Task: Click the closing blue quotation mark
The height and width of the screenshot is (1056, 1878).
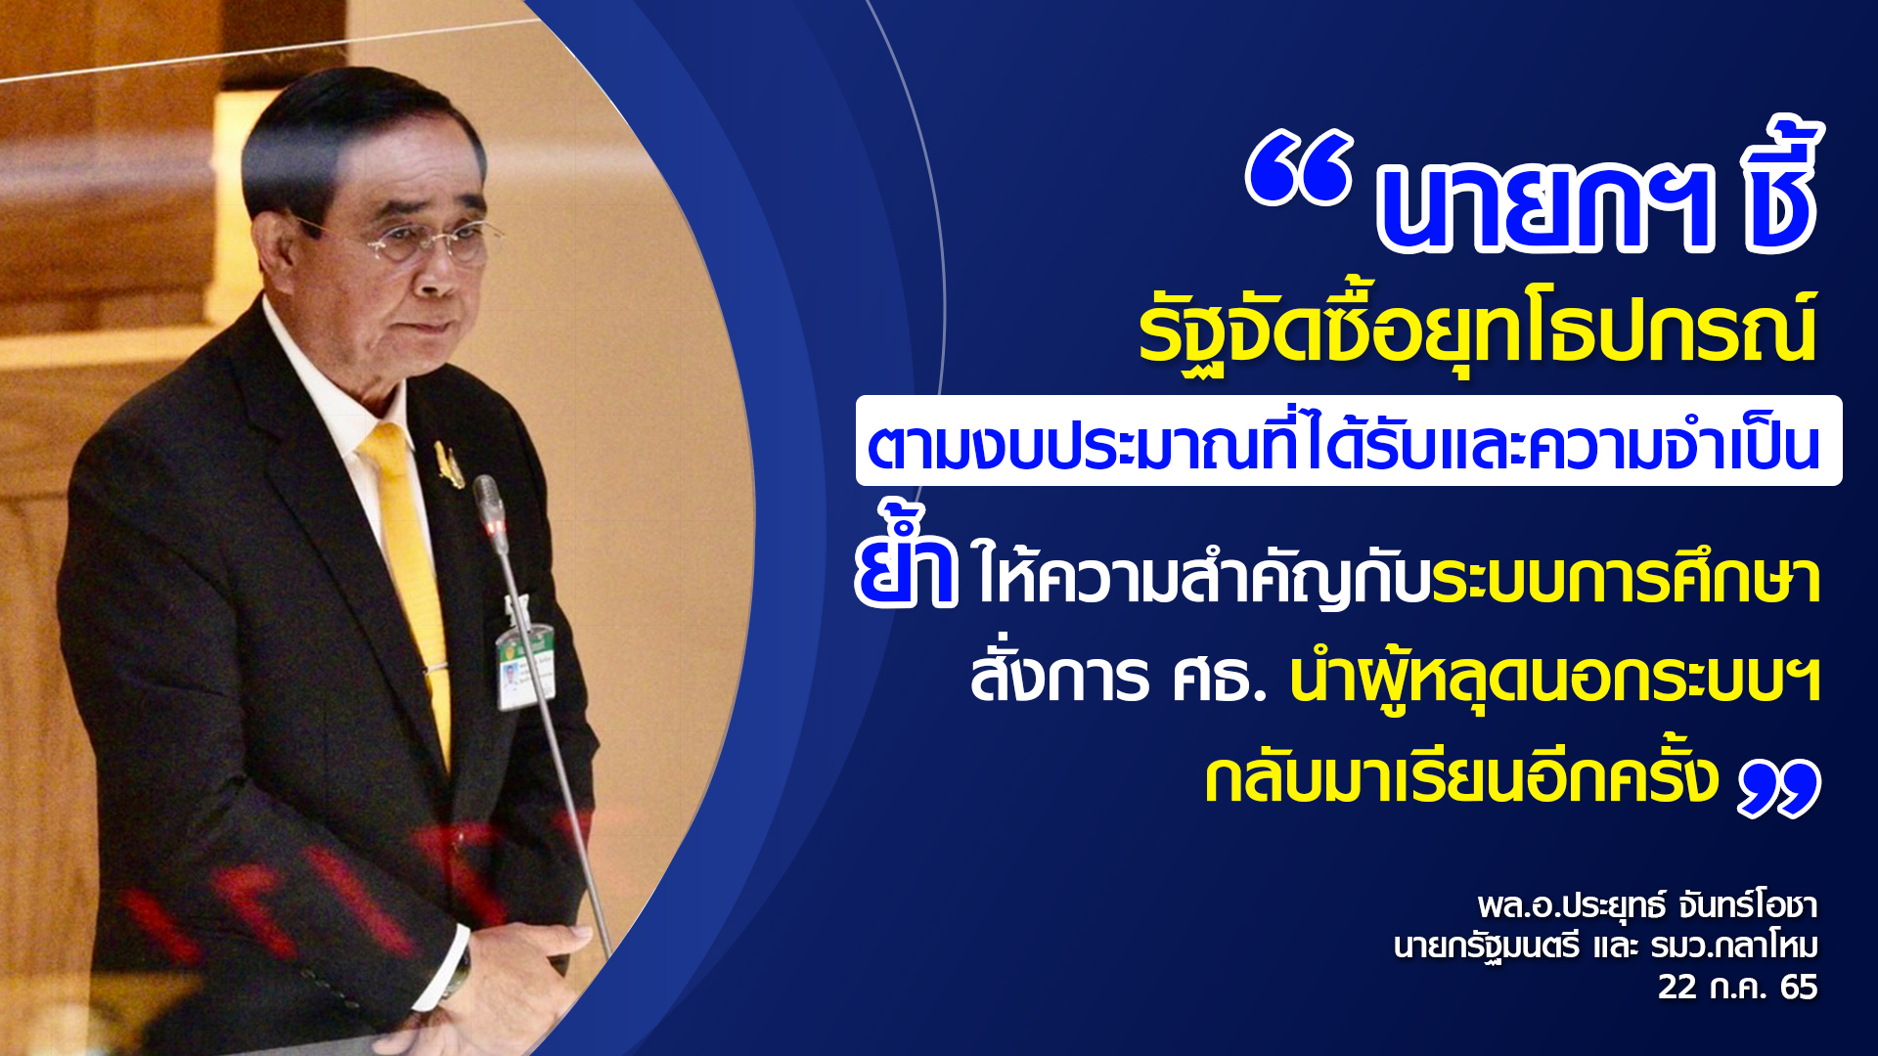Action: pyautogui.click(x=1779, y=788)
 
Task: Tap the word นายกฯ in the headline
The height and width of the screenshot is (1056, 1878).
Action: pyautogui.click(x=1544, y=206)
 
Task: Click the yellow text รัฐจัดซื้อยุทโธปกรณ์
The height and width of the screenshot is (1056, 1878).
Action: pyautogui.click(x=1478, y=330)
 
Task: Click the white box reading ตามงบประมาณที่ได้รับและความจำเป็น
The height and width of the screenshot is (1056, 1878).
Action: pyautogui.click(x=1349, y=441)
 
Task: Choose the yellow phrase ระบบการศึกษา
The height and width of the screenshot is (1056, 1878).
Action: pyautogui.click(x=1625, y=579)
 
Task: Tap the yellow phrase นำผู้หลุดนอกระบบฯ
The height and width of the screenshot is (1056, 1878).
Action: pyautogui.click(x=1555, y=679)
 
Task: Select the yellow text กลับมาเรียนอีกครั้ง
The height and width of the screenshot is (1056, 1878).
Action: pyautogui.click(x=1461, y=776)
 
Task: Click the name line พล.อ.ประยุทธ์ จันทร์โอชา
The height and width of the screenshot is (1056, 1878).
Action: pyautogui.click(x=1647, y=904)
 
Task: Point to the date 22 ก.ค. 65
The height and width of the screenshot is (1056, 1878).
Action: pyautogui.click(x=1737, y=987)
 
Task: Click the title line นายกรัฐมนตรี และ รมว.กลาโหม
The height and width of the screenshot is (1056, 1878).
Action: pyautogui.click(x=1605, y=946)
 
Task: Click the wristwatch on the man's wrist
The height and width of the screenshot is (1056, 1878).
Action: pyautogui.click(x=456, y=968)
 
